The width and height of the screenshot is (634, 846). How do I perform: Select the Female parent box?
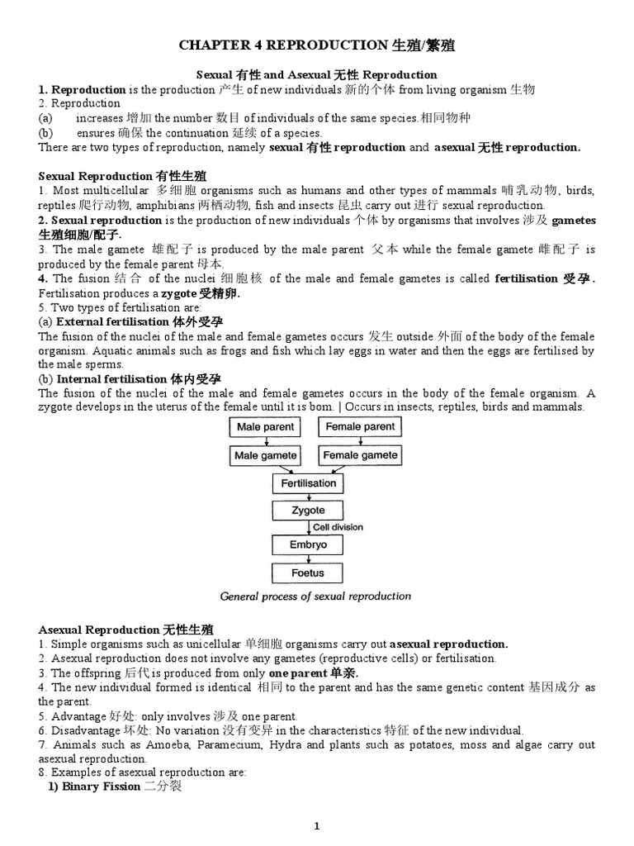[x=360, y=427]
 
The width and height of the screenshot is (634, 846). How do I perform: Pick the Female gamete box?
[x=360, y=455]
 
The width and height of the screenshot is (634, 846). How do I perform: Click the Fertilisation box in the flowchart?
[x=309, y=483]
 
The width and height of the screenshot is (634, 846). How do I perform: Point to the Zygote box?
[x=309, y=511]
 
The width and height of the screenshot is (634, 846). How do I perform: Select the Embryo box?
[x=309, y=545]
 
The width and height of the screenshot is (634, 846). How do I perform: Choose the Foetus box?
[x=309, y=573]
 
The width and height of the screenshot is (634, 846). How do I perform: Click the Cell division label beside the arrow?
[x=337, y=527]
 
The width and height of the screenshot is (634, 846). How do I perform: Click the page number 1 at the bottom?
[x=316, y=825]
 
